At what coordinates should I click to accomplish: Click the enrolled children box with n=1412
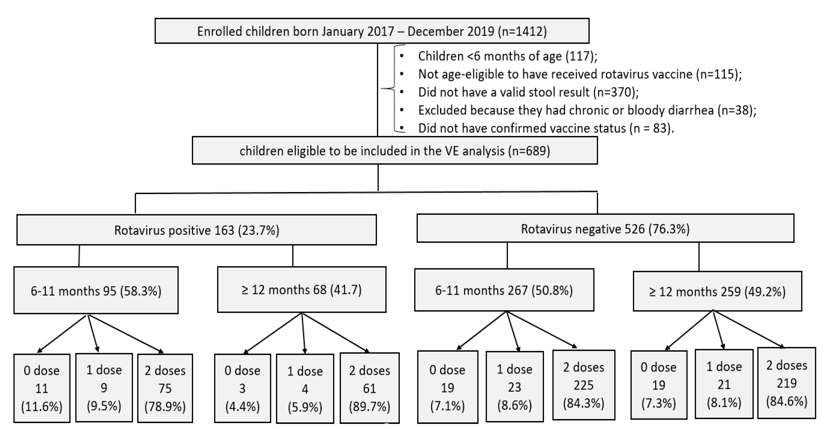[x=372, y=31]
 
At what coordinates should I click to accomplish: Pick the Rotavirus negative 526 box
[x=605, y=229]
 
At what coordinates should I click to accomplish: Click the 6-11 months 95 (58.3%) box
[x=96, y=290]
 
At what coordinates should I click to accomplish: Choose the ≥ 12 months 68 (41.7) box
[x=301, y=289]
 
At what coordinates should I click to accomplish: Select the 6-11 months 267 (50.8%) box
[x=504, y=290]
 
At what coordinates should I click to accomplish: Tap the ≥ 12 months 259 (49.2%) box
[x=717, y=291]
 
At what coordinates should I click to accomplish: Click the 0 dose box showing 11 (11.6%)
[x=42, y=388]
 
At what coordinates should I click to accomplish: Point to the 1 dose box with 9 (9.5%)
[x=104, y=387]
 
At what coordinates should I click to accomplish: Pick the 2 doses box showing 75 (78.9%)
[x=165, y=388]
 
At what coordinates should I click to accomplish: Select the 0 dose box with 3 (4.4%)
[x=242, y=388]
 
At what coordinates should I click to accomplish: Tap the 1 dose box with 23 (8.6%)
[x=514, y=387]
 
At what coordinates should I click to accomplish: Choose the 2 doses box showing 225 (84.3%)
[x=584, y=385]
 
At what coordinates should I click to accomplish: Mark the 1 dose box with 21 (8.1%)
[x=724, y=384]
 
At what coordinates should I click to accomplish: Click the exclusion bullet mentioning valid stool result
[x=528, y=92]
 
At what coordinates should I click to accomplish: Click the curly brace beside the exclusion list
[x=394, y=88]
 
